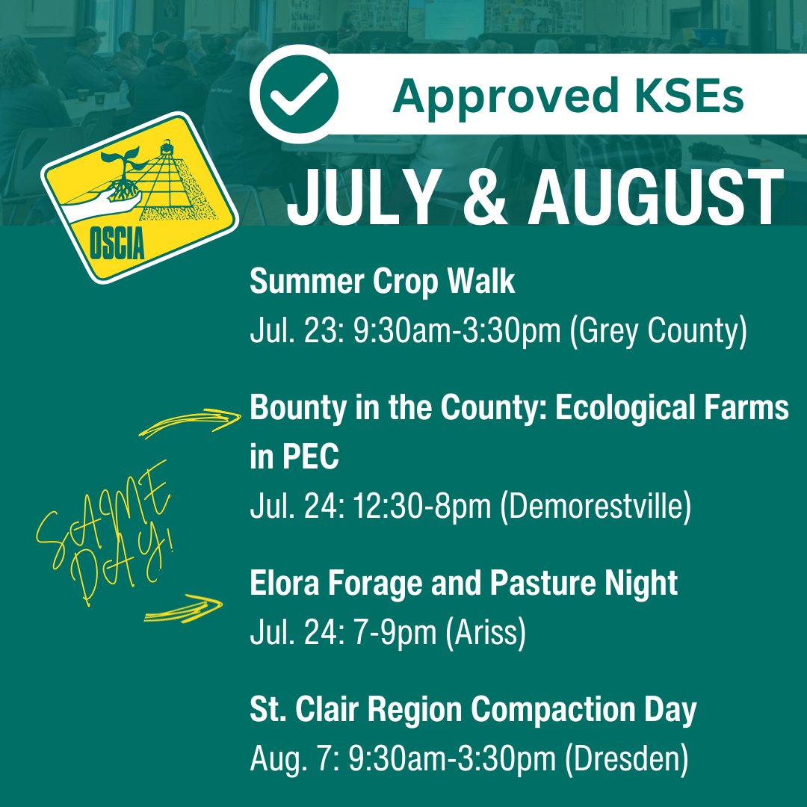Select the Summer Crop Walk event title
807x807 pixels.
tap(382, 282)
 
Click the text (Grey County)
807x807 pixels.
tap(658, 331)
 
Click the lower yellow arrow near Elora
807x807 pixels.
tap(183, 608)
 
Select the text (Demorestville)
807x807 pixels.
tap(595, 507)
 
